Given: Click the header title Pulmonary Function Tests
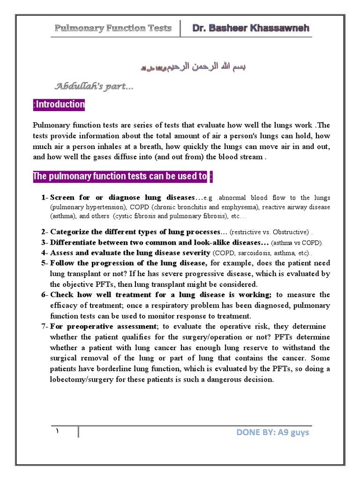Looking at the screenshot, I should [113, 28].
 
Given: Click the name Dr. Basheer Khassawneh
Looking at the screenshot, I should [251, 28].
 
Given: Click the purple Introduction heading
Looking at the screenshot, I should [59, 105].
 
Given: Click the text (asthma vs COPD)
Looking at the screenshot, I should [297, 243].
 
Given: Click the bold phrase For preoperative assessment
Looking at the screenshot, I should [103, 326].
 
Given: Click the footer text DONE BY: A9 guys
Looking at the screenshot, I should [273, 432].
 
